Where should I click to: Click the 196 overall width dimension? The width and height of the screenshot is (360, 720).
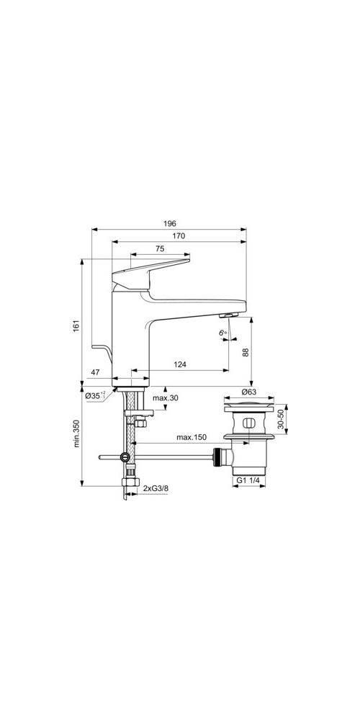point(170,224)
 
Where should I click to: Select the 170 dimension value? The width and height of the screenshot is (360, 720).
point(179,236)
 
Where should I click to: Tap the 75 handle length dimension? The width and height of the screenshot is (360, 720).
point(160,248)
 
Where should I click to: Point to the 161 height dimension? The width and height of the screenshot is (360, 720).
point(77,325)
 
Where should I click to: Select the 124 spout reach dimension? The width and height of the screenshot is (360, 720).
point(180,364)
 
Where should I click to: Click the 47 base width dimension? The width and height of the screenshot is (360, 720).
point(95,373)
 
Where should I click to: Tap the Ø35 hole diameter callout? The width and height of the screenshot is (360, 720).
point(95,395)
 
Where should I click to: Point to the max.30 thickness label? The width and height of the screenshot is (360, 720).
point(166,397)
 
